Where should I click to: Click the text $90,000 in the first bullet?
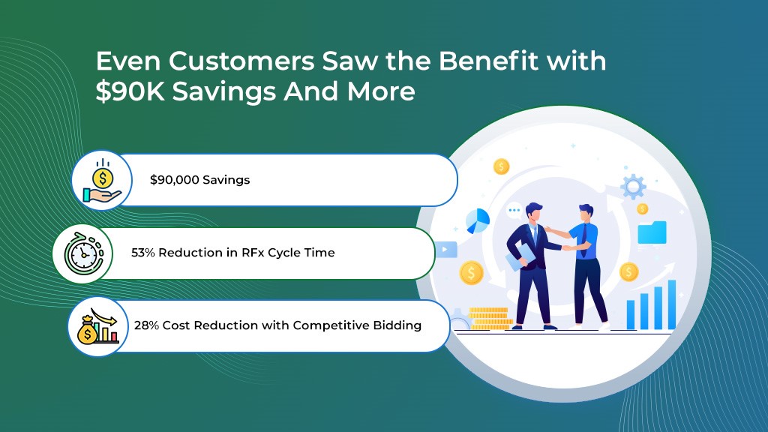click(x=175, y=180)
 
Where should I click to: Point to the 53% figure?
click(x=142, y=253)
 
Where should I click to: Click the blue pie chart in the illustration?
click(x=478, y=220)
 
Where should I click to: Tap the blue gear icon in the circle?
click(x=634, y=185)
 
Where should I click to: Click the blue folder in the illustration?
click(x=652, y=232)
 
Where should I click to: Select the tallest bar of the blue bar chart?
click(x=671, y=304)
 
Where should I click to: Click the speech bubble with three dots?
click(x=514, y=211)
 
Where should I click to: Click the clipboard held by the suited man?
click(x=520, y=259)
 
